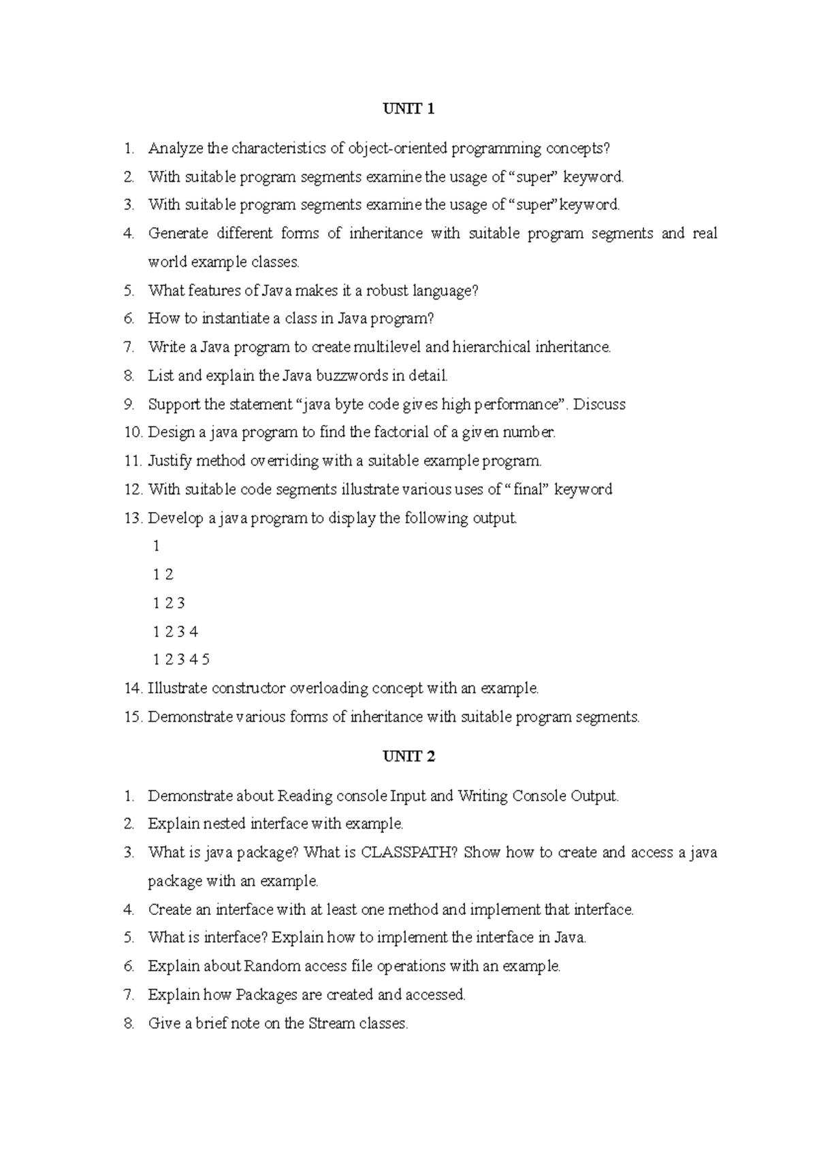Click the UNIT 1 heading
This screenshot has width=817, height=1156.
click(408, 109)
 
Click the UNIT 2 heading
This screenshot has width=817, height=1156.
click(408, 756)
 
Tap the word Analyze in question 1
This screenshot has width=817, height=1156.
click(176, 148)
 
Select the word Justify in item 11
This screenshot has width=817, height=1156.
click(170, 461)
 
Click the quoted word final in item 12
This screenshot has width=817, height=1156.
click(527, 489)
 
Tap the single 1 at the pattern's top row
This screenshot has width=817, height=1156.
click(157, 546)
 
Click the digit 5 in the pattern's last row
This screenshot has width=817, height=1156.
click(206, 660)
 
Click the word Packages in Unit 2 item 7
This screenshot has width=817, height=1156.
click(267, 995)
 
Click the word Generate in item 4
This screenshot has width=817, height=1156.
click(178, 234)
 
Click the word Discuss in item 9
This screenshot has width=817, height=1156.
click(599, 404)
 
